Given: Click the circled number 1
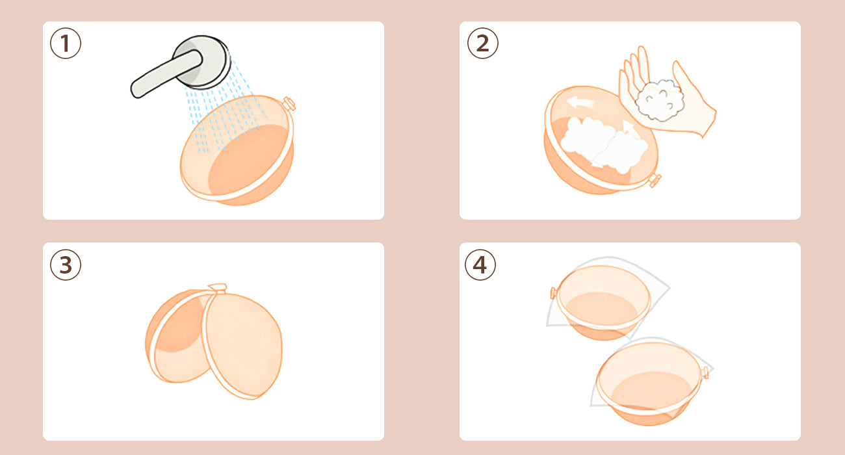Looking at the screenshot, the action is tap(66, 43).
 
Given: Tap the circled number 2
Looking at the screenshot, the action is tap(483, 43).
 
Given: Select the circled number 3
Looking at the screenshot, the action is tap(66, 265).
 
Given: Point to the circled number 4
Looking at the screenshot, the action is tap(480, 265).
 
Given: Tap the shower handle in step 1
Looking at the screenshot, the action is tap(166, 74).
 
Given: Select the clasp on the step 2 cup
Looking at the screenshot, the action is tap(655, 180).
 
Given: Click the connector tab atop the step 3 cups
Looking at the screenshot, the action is tap(218, 288).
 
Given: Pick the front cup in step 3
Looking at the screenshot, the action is tap(243, 345).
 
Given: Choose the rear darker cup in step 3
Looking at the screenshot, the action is tap(177, 337).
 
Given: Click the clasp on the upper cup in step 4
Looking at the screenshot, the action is tap(554, 293).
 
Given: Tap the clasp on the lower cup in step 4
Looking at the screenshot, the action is tap(705, 372).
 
